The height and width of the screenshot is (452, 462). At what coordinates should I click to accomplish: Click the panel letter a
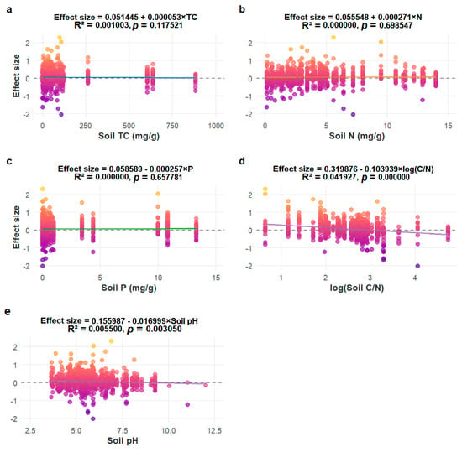click(x=9, y=9)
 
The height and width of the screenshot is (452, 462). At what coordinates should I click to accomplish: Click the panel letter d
click(x=242, y=161)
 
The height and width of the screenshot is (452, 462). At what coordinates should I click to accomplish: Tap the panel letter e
click(x=8, y=311)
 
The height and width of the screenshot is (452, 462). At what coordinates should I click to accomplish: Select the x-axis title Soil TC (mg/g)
click(x=129, y=136)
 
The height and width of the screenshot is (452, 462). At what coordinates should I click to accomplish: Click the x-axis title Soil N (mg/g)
click(x=357, y=136)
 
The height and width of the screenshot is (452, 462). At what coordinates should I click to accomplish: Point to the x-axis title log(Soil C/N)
click(x=357, y=288)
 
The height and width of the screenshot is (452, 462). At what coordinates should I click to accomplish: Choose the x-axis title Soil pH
click(x=123, y=440)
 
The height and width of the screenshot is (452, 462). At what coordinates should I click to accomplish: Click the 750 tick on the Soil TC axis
click(x=172, y=126)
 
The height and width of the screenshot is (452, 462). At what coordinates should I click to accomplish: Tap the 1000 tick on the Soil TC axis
click(x=216, y=126)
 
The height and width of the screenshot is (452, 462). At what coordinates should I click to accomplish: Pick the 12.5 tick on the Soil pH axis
click(x=214, y=430)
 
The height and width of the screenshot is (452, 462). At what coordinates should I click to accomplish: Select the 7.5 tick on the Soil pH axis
click(x=123, y=430)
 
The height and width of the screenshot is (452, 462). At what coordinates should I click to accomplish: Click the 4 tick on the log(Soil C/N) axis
click(x=415, y=278)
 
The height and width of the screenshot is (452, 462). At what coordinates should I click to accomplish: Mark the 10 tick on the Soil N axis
click(x=387, y=126)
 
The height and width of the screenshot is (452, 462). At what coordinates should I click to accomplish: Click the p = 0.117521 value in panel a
click(x=158, y=25)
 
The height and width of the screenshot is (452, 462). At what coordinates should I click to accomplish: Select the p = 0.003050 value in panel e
click(x=155, y=329)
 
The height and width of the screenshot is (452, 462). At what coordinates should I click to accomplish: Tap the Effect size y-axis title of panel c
click(x=17, y=227)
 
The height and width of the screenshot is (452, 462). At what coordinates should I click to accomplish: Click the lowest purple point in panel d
click(x=417, y=266)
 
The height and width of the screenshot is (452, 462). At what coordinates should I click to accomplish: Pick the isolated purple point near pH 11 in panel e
click(x=187, y=405)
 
